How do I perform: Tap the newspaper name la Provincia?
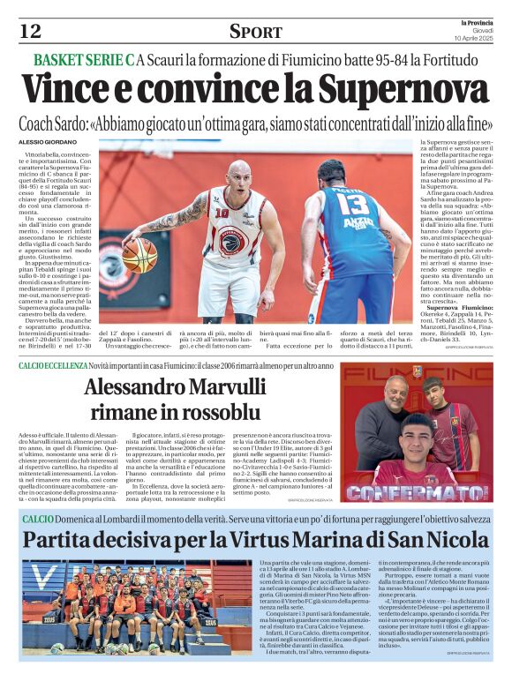479,23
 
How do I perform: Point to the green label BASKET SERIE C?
84,59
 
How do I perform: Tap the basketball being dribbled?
139,255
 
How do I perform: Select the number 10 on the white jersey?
222,212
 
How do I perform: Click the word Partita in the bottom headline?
64,539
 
